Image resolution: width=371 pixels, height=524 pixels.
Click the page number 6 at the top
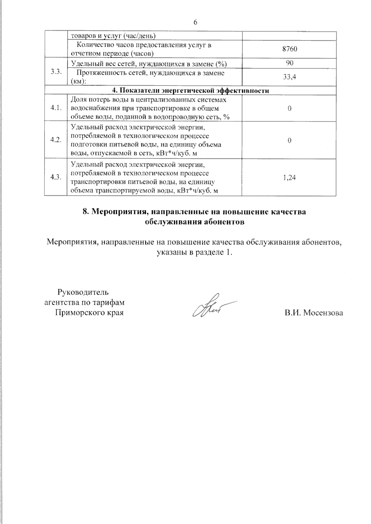tap(195, 22)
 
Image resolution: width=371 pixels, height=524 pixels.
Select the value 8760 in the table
tap(290, 49)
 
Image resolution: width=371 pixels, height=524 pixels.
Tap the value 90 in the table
tap(290, 63)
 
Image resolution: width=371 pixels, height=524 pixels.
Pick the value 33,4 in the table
tap(290, 77)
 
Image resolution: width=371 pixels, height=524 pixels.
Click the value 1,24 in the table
tap(290, 178)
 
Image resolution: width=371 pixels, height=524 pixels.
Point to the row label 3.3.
tap(56, 71)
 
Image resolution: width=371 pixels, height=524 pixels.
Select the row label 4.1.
tap(56, 108)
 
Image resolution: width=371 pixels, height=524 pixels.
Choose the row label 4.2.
tap(56, 140)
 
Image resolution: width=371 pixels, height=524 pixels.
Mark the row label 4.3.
tap(56, 177)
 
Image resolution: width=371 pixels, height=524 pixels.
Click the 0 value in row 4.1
tap(290, 108)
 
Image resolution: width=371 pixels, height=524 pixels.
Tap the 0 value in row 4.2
tap(290, 140)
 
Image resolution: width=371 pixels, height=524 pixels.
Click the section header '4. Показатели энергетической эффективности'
tap(190, 91)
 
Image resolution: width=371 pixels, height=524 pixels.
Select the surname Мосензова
tap(323, 313)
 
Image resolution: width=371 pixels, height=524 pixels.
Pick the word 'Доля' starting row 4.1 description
tap(78, 100)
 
